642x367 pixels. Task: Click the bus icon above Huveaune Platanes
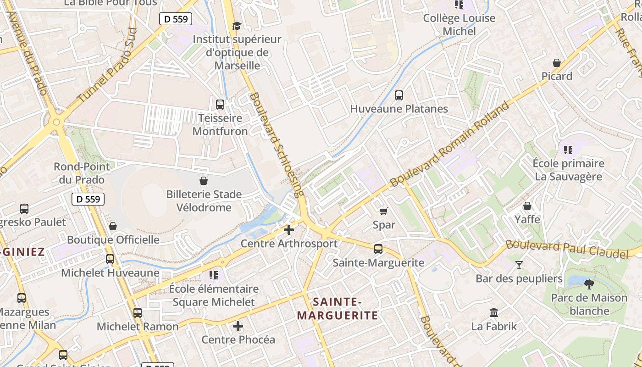click(399, 95)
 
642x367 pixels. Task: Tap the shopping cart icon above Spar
click(383, 211)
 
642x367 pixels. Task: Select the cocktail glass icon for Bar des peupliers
click(519, 265)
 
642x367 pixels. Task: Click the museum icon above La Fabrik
click(494, 313)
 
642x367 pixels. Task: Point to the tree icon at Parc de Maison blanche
click(589, 284)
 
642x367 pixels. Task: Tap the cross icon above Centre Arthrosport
click(289, 230)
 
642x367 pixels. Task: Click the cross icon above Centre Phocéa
click(238, 326)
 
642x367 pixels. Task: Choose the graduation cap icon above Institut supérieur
click(237, 26)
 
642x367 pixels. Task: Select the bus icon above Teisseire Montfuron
click(220, 105)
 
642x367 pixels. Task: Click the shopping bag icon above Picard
click(557, 63)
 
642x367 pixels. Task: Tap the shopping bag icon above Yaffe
click(527, 206)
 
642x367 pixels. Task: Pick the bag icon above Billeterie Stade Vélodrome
click(204, 181)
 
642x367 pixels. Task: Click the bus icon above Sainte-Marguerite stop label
click(378, 249)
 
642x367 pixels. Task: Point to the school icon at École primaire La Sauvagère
click(568, 150)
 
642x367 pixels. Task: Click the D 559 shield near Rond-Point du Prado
click(88, 199)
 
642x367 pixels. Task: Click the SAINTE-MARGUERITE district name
click(338, 308)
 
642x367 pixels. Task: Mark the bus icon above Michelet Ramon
click(138, 313)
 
